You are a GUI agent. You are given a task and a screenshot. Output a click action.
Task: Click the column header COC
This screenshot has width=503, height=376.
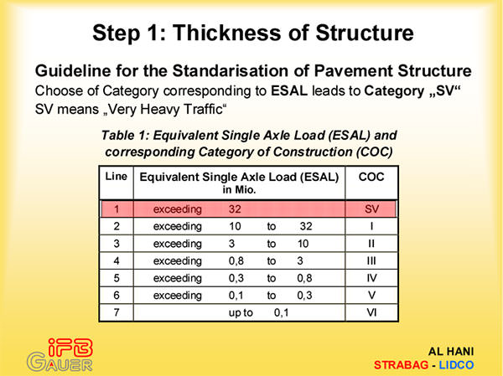point(371,177)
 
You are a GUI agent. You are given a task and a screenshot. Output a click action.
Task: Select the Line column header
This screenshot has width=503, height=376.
point(117,177)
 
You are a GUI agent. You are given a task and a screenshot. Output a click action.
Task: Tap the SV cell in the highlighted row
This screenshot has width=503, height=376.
point(371,209)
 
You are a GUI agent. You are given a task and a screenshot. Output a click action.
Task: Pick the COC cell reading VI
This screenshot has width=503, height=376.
point(371,312)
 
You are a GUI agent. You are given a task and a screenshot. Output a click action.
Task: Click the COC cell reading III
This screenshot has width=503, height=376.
point(371,260)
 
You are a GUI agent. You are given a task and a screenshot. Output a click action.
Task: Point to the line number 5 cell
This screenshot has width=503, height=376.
point(117,277)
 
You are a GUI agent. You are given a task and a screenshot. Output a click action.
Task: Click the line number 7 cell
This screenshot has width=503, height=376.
point(117,312)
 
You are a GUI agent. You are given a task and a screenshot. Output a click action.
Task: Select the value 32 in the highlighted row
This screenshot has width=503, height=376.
point(235,209)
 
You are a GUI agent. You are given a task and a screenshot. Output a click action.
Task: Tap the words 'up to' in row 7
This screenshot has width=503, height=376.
point(241,312)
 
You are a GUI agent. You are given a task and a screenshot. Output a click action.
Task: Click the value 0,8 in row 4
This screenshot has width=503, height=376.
point(236,261)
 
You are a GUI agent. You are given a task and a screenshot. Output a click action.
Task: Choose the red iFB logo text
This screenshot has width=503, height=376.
point(70,348)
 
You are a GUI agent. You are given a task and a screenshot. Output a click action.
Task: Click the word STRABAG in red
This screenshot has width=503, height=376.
point(401,365)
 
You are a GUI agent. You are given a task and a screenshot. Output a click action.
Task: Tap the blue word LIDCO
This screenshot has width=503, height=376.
point(456,365)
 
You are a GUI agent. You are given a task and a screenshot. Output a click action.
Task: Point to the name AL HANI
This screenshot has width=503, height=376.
point(451,352)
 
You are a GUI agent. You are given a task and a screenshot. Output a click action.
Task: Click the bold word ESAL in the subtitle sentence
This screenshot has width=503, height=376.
point(289,91)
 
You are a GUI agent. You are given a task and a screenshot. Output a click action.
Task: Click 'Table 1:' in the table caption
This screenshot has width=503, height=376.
point(126,136)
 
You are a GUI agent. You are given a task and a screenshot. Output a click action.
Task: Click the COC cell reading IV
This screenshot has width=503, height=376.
point(371,277)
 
